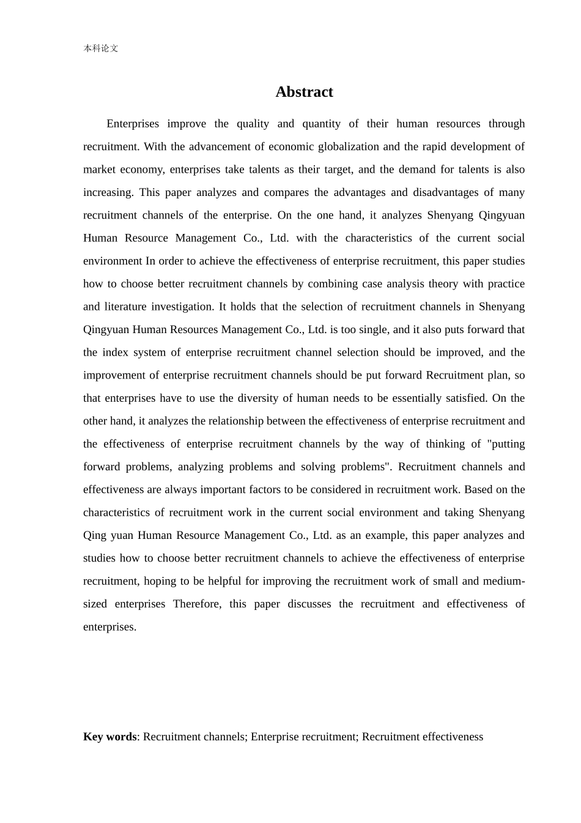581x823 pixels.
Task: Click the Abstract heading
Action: (304, 92)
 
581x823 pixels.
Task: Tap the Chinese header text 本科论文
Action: (100, 48)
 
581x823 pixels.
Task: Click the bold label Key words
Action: (110, 737)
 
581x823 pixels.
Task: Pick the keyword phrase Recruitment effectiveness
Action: (423, 737)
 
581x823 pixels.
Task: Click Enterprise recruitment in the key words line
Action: (304, 737)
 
